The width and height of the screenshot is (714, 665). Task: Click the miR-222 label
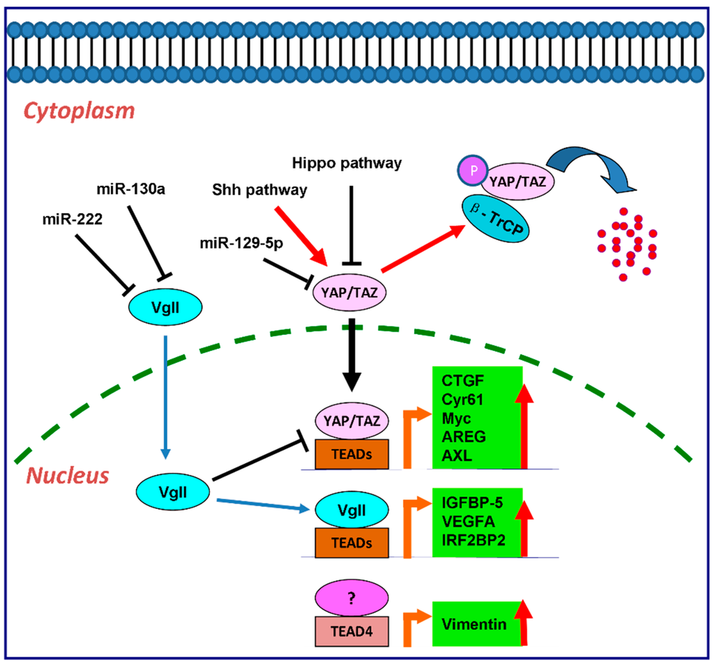coord(73,219)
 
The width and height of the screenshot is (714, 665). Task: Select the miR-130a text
coord(130,189)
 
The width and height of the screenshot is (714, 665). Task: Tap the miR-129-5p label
coord(241,244)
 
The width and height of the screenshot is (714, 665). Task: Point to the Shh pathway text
coord(259,189)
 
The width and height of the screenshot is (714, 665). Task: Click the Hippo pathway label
coord(347,163)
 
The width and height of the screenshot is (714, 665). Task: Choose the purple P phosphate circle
coord(473,170)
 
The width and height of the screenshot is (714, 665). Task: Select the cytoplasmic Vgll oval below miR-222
coord(165,308)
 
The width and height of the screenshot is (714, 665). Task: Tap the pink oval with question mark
coord(351,597)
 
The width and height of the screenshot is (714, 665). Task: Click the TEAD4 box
coord(351,632)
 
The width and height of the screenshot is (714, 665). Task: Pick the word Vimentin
coord(474,625)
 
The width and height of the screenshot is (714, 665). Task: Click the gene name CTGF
coord(463,381)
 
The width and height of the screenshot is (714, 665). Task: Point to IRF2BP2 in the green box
coord(473,540)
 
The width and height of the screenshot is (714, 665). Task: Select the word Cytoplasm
coord(79,111)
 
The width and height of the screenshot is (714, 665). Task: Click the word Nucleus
coord(68,476)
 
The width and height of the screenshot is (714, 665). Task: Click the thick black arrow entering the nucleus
coord(351,355)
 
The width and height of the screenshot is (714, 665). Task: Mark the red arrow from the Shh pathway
coord(301,236)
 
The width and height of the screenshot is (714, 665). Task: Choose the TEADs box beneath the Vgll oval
coord(351,542)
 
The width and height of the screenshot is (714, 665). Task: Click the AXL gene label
coord(457,455)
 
